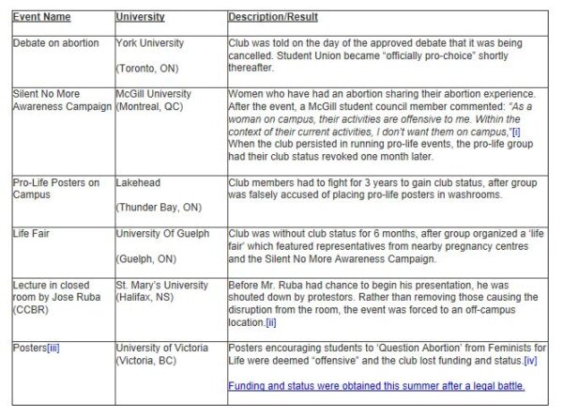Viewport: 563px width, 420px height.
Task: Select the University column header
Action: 141,17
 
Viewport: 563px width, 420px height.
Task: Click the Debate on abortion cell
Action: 56,43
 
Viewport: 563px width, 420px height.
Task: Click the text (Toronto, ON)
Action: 150,69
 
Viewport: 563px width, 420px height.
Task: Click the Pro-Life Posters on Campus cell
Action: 56,188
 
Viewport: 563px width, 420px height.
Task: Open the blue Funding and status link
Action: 376,386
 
